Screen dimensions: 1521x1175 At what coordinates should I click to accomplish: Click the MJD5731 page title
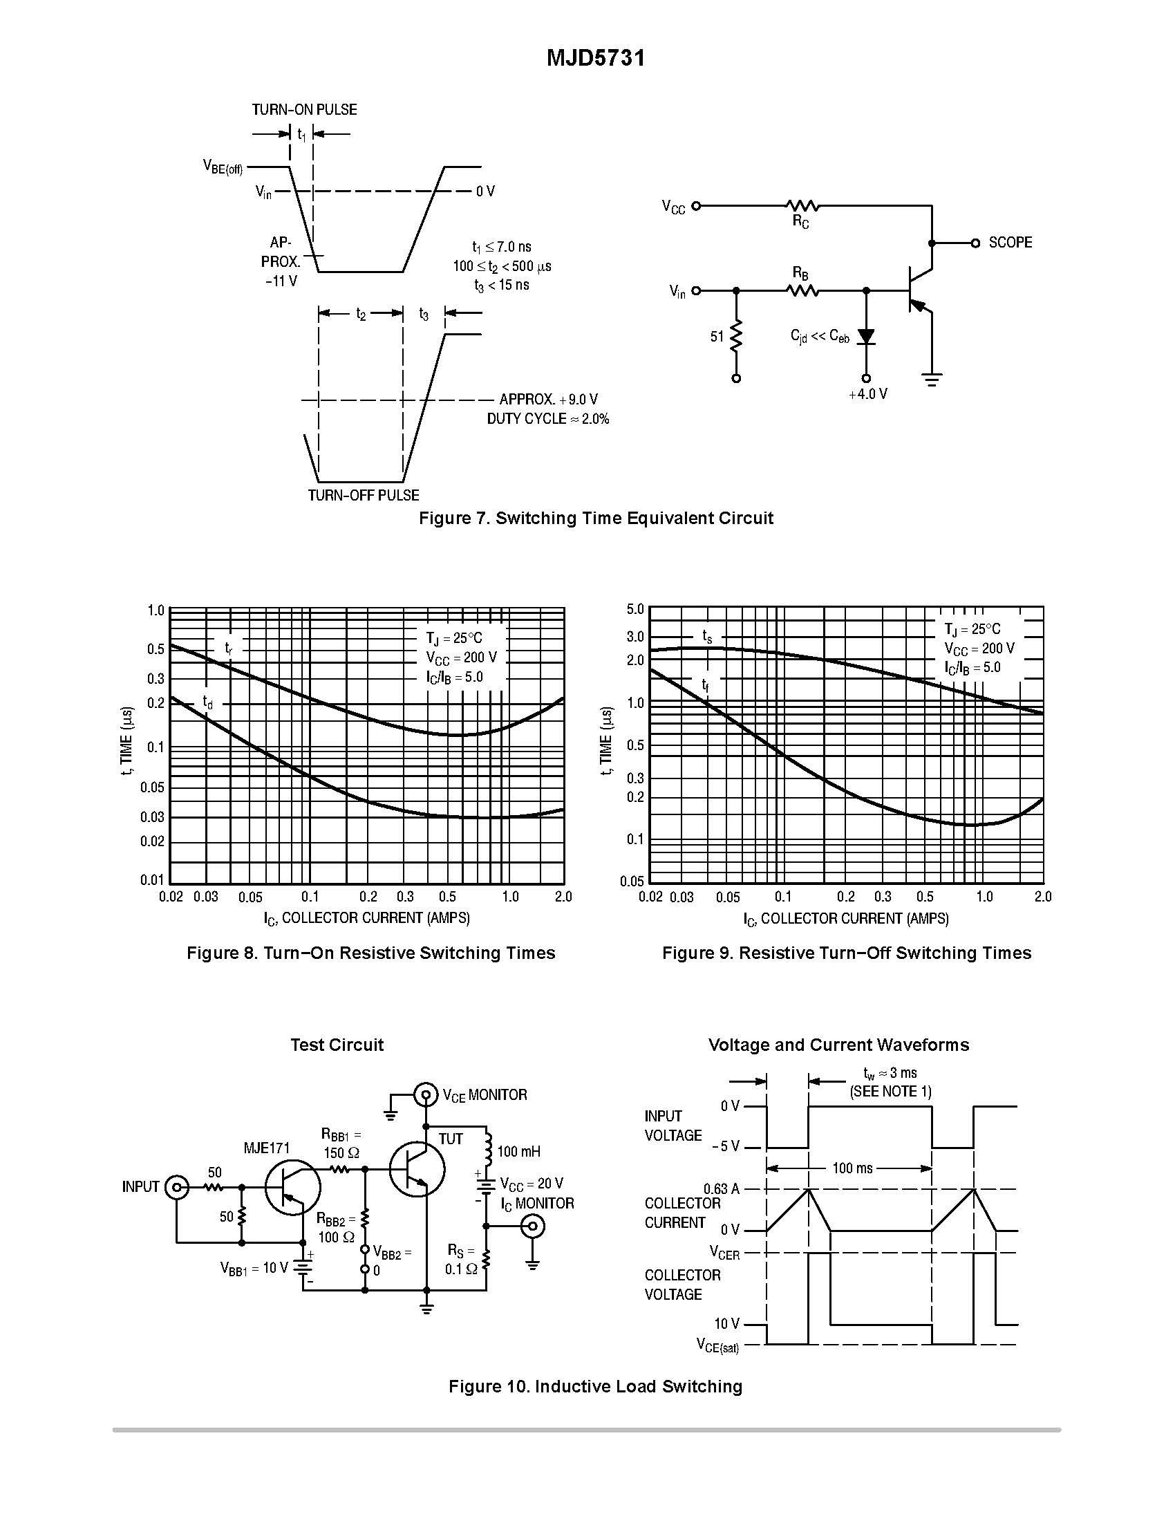pyautogui.click(x=595, y=58)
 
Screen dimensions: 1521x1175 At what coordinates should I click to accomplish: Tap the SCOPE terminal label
pyautogui.click(x=1010, y=243)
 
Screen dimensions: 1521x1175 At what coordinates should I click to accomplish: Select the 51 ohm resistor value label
pyautogui.click(x=717, y=337)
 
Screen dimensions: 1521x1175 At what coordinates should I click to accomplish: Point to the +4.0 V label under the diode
pyautogui.click(x=868, y=394)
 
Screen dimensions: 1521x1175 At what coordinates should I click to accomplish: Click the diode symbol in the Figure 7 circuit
pyautogui.click(x=866, y=337)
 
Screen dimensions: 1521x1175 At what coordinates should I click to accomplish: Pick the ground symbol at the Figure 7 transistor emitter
pyautogui.click(x=932, y=380)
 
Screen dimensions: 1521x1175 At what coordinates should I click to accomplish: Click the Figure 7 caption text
pyautogui.click(x=596, y=518)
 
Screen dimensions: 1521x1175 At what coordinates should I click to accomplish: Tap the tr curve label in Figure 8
pyautogui.click(x=228, y=648)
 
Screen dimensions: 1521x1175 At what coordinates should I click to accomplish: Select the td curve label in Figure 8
pyautogui.click(x=207, y=700)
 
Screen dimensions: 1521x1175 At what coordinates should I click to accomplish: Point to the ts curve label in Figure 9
pyautogui.click(x=707, y=636)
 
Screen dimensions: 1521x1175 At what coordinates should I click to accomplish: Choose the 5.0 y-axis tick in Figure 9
pyautogui.click(x=634, y=609)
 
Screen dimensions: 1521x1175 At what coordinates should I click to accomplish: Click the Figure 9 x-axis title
pyautogui.click(x=846, y=919)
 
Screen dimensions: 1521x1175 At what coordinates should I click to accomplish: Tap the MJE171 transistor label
pyautogui.click(x=267, y=1148)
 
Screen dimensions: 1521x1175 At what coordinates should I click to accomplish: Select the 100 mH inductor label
pyautogui.click(x=518, y=1151)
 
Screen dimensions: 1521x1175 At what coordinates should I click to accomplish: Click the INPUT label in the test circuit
pyautogui.click(x=140, y=1186)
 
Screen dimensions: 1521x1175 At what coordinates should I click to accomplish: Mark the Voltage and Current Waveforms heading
pyautogui.click(x=838, y=1045)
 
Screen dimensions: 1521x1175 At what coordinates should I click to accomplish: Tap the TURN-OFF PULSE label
pyautogui.click(x=364, y=495)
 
